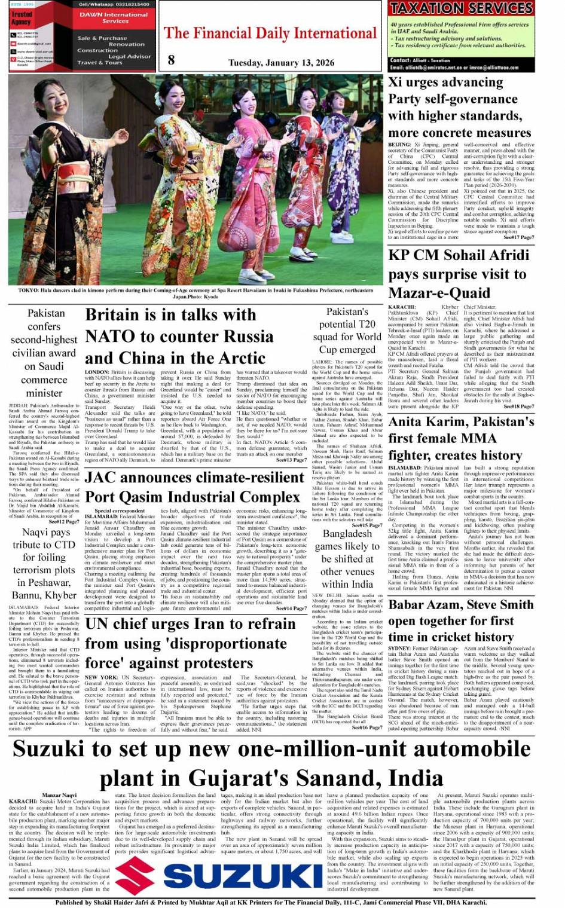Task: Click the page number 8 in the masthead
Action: coord(172,59)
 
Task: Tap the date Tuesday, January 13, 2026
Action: coord(273,63)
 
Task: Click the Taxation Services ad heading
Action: coord(461,8)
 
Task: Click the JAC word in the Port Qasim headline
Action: coord(100,477)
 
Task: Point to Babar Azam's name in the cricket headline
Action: coord(425,605)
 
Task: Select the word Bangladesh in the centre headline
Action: coord(347,533)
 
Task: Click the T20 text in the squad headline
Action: coord(365,324)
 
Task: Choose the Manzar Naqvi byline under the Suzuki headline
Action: coord(59,795)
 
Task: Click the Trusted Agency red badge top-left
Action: coord(22,18)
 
